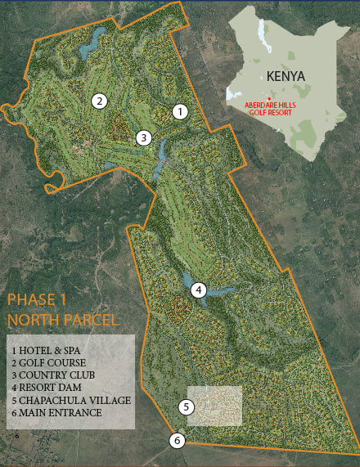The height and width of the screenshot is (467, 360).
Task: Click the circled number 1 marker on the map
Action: click(181, 110)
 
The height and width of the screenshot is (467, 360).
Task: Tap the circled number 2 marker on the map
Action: click(99, 101)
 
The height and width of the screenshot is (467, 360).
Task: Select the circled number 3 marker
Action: click(143, 137)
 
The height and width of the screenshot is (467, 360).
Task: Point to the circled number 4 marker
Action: click(198, 290)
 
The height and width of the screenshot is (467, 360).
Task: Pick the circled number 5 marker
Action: click(187, 406)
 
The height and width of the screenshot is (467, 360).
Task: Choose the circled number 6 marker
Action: click(178, 441)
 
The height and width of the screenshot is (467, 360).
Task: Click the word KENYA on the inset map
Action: click(286, 76)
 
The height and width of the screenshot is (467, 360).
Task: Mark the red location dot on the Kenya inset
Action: click(268, 98)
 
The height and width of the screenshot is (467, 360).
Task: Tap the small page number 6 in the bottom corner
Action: click(15, 438)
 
